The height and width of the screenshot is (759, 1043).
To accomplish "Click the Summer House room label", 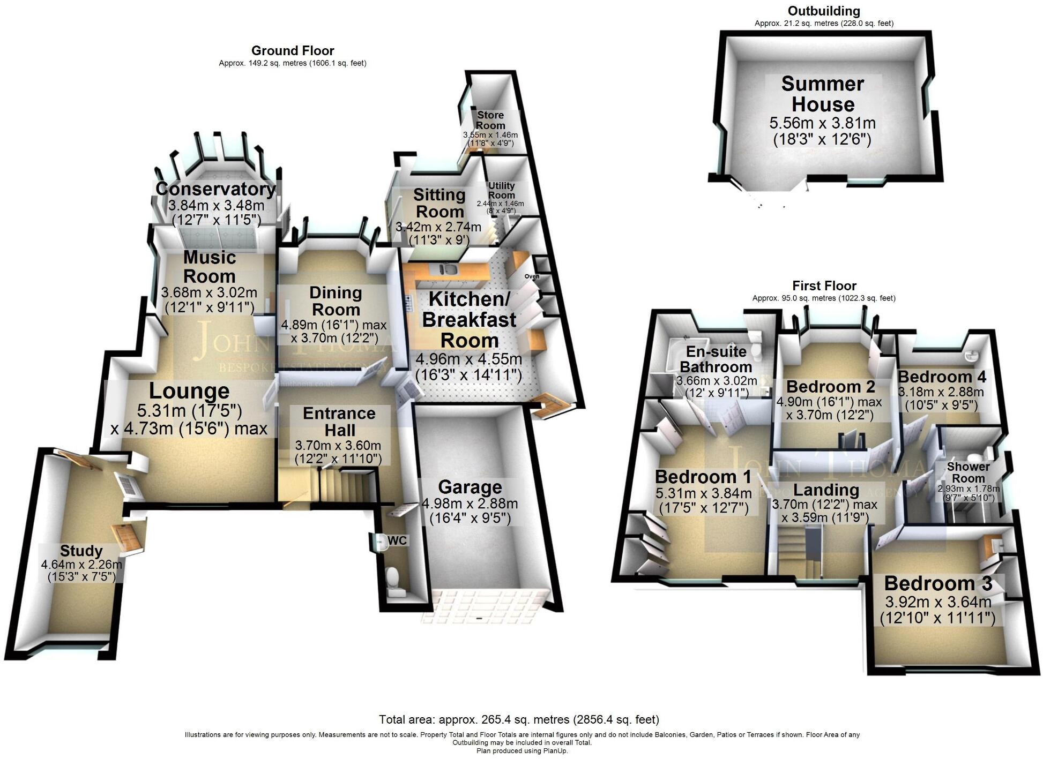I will [x=822, y=94].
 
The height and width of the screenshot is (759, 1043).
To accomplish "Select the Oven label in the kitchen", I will [x=532, y=276].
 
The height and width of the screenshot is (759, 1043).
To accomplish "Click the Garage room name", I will [x=470, y=487].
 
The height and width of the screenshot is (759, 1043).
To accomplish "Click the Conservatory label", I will [x=215, y=189].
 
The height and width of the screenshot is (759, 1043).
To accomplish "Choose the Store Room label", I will [x=490, y=120].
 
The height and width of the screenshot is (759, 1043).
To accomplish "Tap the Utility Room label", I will [x=501, y=190].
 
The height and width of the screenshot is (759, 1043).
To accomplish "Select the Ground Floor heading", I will [x=293, y=51].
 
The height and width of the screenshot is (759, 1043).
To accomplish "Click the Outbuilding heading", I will [x=824, y=11].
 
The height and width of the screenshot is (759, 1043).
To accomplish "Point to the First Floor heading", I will [x=824, y=286].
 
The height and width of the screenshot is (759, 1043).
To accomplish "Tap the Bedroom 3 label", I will [x=938, y=583].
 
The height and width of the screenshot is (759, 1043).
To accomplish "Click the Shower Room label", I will [x=968, y=472].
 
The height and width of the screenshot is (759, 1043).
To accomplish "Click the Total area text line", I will [x=519, y=719].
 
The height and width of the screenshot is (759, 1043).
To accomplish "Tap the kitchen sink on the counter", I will [x=448, y=268].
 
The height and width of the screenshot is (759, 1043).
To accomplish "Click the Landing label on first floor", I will [x=826, y=490].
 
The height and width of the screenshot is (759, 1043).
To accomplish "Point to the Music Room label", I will [x=210, y=267].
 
